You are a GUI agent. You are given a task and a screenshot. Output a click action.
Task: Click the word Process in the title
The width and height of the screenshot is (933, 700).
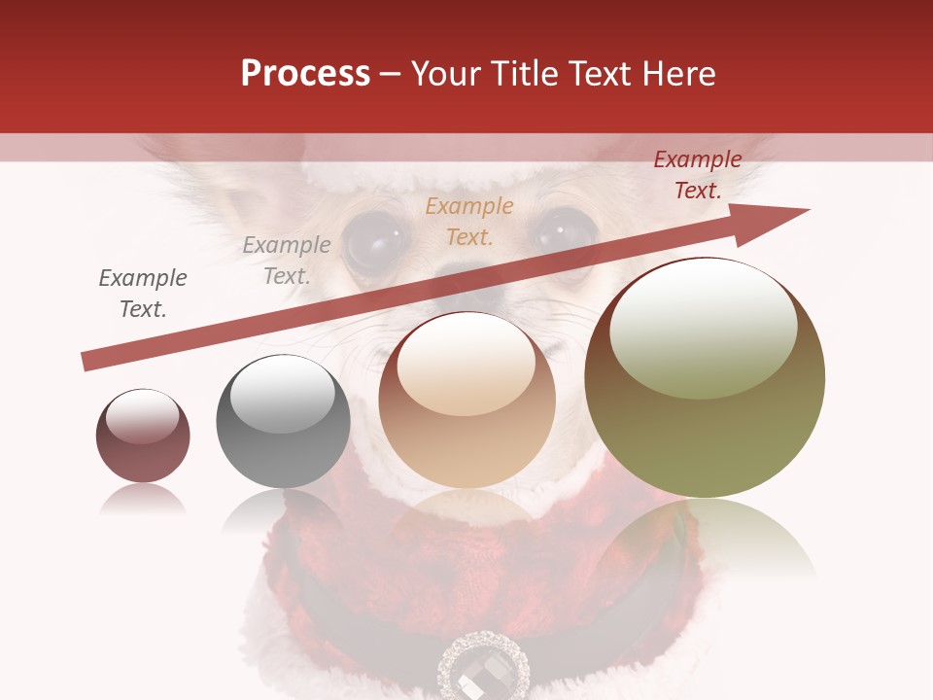305,74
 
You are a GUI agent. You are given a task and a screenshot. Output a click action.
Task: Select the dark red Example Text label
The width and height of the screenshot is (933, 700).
697,175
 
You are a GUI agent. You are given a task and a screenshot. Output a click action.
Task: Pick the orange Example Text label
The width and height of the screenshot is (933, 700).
469,221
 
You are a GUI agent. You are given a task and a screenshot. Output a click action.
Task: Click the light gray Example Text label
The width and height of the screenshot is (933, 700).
287,260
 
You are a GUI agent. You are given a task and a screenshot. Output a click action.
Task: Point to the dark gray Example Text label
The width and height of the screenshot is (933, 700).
143,293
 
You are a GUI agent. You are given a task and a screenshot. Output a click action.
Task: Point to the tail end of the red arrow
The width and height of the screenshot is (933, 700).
87,361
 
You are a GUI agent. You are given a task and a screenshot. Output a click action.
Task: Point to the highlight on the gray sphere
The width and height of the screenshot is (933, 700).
282,395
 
